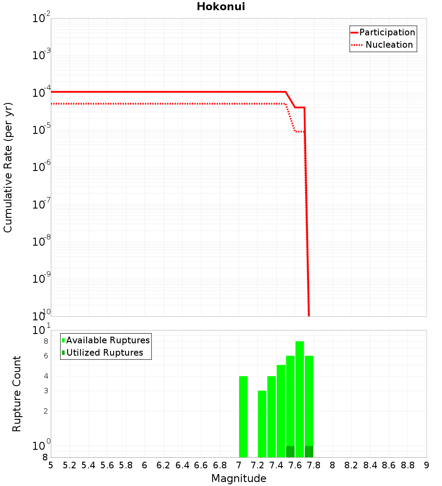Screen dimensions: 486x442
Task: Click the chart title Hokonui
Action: tap(221, 7)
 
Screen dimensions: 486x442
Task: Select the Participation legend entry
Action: tap(387, 32)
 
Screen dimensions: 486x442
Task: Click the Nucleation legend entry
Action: tap(389, 45)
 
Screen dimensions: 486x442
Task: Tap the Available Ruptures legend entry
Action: tap(108, 340)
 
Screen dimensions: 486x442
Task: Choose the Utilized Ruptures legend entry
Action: tap(105, 353)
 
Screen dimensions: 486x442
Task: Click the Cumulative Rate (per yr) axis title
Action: tap(8, 167)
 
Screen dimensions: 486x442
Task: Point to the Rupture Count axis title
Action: tap(17, 394)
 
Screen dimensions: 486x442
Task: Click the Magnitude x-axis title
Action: tap(239, 478)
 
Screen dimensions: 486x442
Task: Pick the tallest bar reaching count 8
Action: tap(300, 398)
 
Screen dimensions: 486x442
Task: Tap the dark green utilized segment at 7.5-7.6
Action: tap(290, 452)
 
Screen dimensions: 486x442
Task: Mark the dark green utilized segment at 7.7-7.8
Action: tap(309, 452)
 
